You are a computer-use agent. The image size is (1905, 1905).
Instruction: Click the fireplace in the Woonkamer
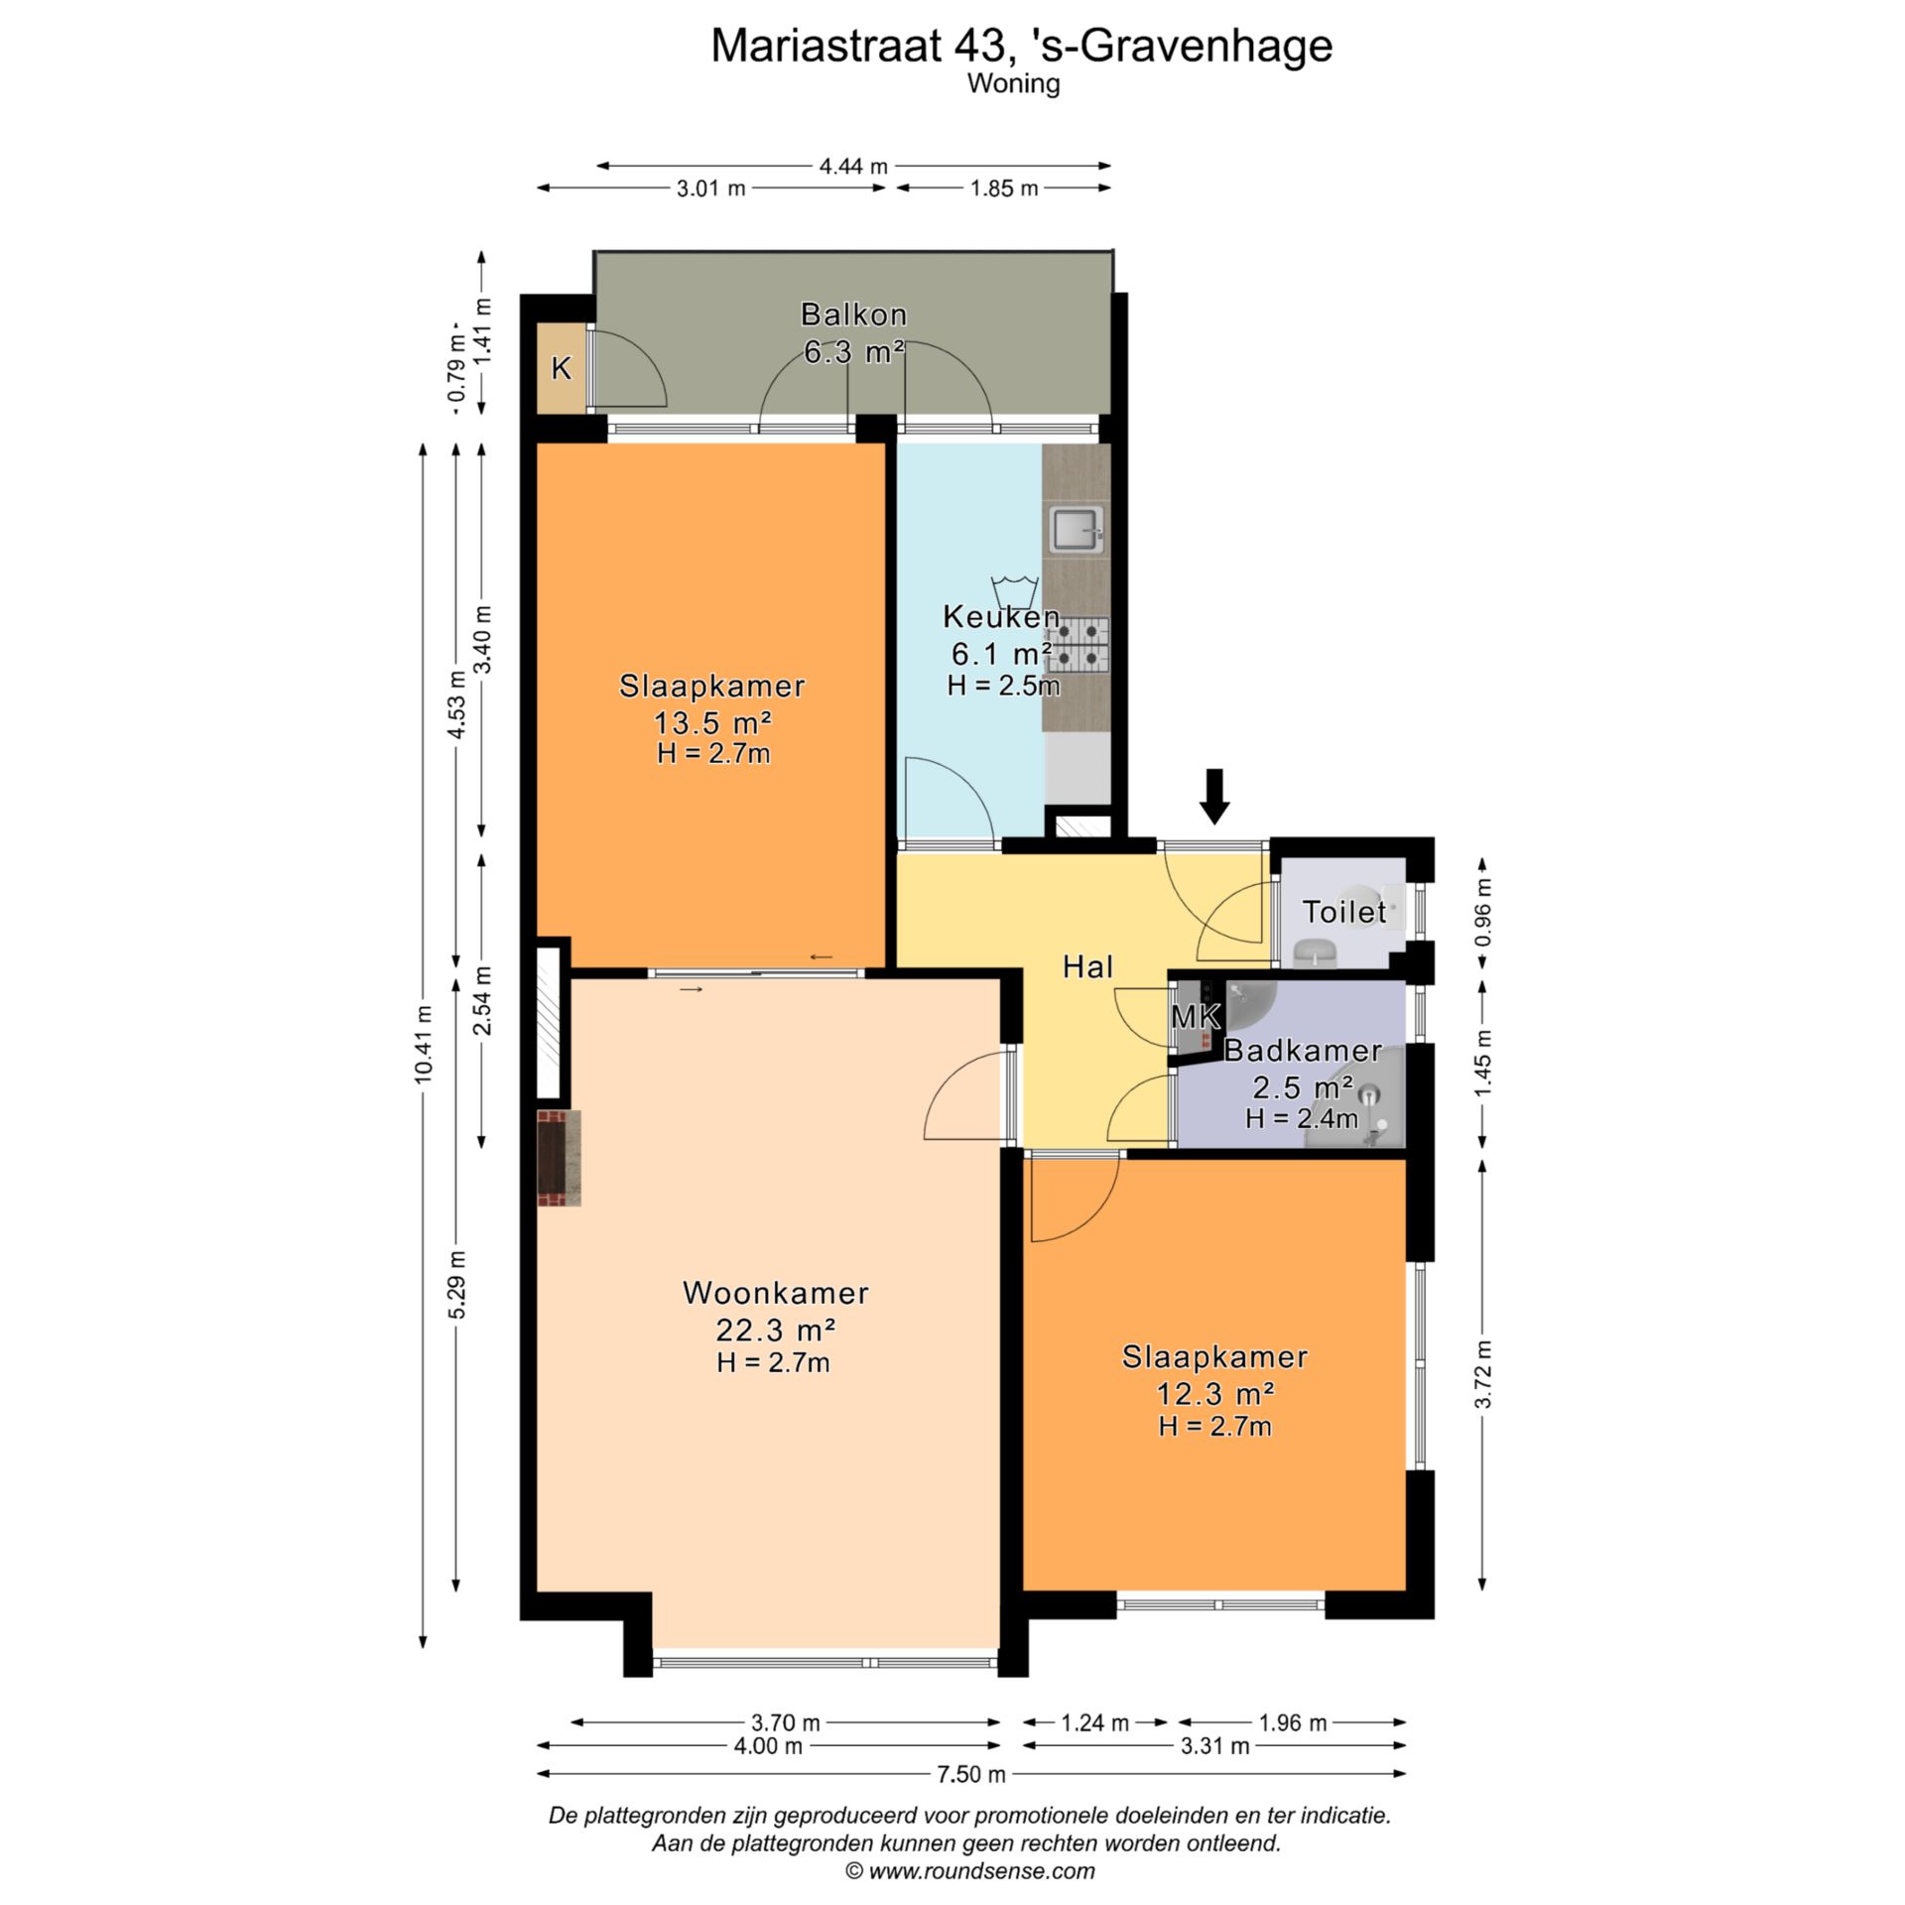[559, 1158]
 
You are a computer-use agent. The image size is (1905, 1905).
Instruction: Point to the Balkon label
[853, 315]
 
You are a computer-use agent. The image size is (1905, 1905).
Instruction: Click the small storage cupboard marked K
[561, 368]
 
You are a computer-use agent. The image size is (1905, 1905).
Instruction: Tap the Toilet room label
[1343, 911]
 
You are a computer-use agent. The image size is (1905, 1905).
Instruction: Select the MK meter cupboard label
[1195, 1016]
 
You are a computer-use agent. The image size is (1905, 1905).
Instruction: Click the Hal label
[1087, 966]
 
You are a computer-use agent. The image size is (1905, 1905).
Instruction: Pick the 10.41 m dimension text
[424, 1044]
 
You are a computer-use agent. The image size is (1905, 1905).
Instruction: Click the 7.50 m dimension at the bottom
[971, 1774]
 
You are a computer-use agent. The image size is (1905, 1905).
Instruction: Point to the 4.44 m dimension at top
[853, 166]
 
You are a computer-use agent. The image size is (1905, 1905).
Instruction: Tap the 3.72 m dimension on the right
[1482, 1374]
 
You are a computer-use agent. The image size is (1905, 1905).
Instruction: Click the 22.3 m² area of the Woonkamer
[775, 1329]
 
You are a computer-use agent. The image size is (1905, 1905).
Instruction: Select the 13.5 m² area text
[712, 721]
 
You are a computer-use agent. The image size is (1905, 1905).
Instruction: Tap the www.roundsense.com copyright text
[969, 1871]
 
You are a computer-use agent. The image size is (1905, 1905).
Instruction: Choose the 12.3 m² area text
[1214, 1393]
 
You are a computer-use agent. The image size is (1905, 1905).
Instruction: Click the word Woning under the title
[1014, 84]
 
